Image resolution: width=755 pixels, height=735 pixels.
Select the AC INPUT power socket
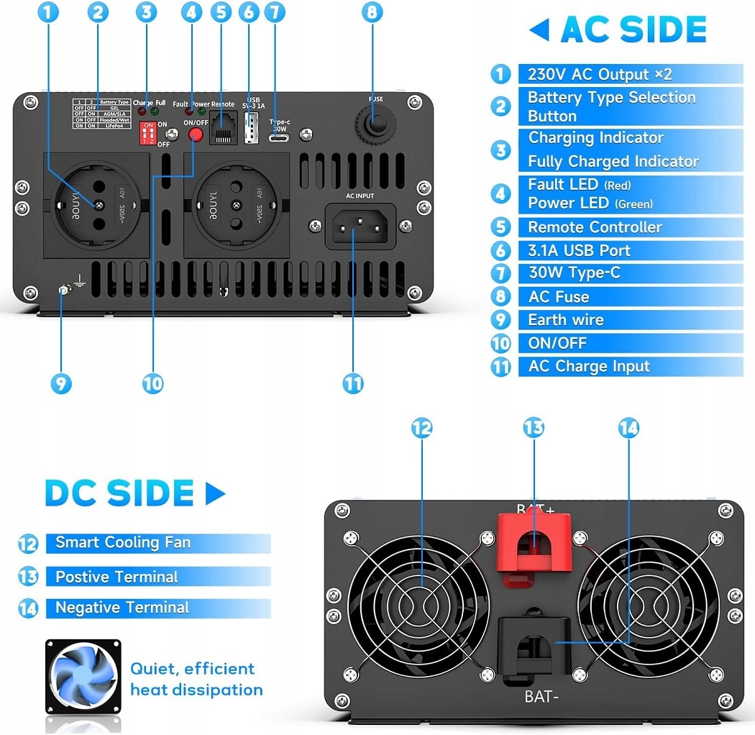click(x=360, y=225)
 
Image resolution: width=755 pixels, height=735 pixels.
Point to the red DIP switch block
click(x=148, y=132)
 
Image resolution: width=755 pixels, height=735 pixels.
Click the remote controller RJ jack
click(x=222, y=130)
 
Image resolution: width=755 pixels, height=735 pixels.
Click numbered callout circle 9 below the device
click(x=61, y=383)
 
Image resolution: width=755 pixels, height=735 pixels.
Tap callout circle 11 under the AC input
click(x=353, y=383)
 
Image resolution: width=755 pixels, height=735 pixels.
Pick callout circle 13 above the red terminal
click(x=534, y=428)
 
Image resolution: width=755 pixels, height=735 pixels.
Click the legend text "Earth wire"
click(x=566, y=320)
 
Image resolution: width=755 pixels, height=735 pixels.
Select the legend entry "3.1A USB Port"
click(x=579, y=250)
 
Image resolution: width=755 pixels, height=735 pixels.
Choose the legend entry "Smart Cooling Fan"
click(x=123, y=542)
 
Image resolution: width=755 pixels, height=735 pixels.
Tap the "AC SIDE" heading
click(x=633, y=29)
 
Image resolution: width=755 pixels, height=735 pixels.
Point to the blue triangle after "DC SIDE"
click(x=214, y=493)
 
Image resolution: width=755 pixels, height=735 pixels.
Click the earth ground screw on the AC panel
click(x=63, y=291)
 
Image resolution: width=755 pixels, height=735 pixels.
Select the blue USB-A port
click(x=252, y=128)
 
